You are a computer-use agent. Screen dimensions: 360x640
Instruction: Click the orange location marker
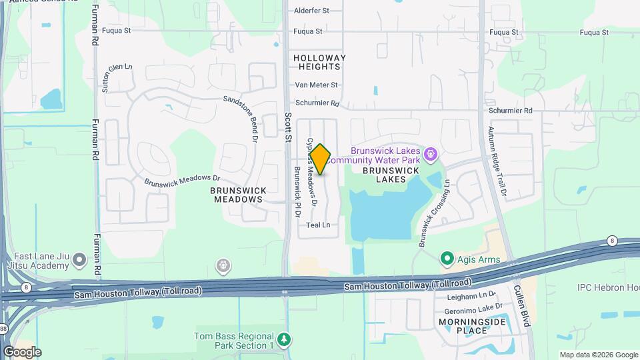click(321, 159)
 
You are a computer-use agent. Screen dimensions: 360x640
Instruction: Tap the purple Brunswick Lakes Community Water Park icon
click(431, 155)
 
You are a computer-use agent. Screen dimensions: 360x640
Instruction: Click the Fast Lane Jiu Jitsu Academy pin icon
click(80, 259)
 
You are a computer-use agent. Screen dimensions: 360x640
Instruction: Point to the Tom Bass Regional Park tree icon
click(285, 340)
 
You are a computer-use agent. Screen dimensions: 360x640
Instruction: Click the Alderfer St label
click(312, 11)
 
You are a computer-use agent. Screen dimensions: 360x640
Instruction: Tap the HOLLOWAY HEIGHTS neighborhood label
click(320, 63)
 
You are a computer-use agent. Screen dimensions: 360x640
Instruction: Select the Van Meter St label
click(317, 85)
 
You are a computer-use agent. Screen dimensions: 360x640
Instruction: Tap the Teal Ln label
click(318, 225)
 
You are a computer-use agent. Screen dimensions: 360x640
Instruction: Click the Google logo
click(22, 351)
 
